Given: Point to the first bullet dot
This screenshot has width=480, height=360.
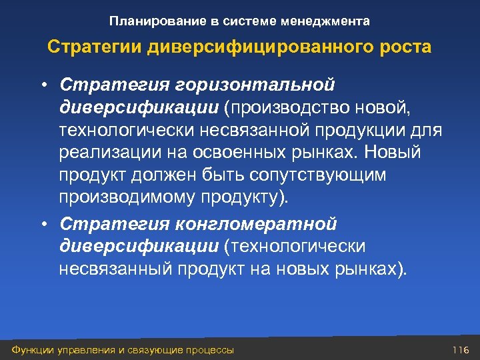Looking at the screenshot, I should [x=42, y=85].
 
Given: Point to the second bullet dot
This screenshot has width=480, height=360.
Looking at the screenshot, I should [x=42, y=224].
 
